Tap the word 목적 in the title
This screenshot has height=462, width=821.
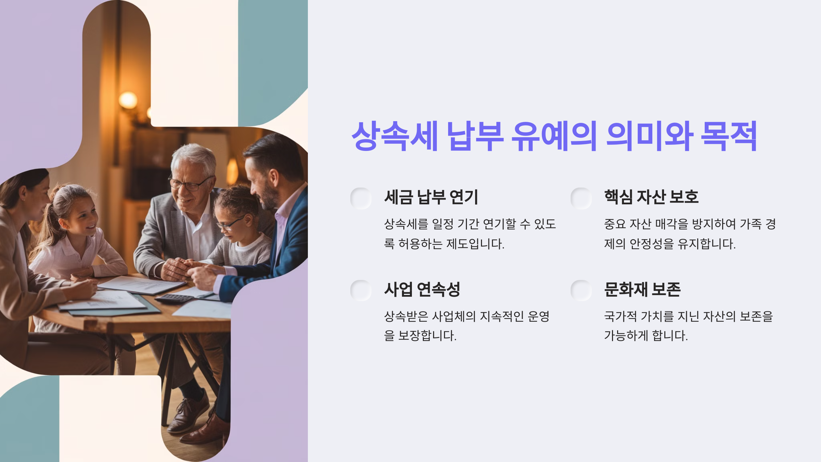point(729,136)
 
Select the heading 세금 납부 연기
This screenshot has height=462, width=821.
point(431,197)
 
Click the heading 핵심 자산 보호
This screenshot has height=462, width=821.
point(651,197)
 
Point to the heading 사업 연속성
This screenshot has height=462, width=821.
point(422,290)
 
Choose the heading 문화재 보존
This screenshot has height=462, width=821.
point(642,290)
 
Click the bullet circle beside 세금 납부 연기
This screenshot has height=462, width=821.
point(361,198)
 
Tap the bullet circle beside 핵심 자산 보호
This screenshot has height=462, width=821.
point(581,198)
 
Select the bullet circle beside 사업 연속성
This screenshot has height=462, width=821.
point(361,291)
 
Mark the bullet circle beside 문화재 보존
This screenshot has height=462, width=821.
point(581,291)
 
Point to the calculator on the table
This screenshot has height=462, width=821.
point(174,298)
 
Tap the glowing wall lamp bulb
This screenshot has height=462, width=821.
point(128,100)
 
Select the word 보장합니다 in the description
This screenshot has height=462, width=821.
point(427,335)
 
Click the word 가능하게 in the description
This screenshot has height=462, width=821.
point(626,335)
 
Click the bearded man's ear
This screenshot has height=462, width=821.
point(274,177)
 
